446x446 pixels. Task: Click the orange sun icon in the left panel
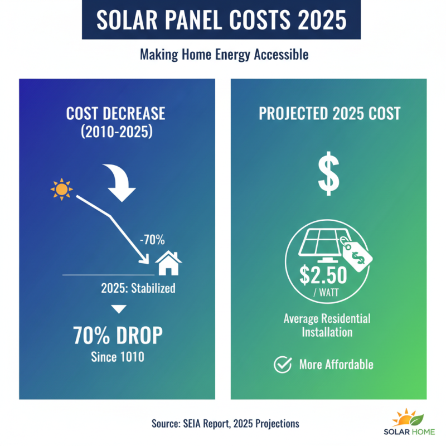click(61, 190)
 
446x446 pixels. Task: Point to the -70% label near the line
click(152, 240)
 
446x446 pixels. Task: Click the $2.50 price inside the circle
click(324, 275)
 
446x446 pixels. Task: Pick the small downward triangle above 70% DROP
click(119, 309)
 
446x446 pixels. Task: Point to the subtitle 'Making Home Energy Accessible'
click(224, 55)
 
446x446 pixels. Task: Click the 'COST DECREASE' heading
click(115, 113)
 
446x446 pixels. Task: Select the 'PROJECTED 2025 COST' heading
click(329, 113)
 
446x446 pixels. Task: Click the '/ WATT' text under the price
click(324, 293)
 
